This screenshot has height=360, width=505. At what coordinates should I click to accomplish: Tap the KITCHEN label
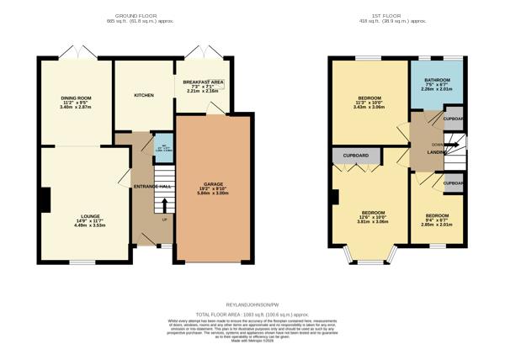coord(144,95)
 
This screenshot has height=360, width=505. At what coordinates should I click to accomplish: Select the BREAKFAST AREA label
coord(205,82)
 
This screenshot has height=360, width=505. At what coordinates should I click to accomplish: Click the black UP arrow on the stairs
coord(164,205)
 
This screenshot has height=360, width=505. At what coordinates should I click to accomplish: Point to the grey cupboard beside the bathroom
coord(453,119)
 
